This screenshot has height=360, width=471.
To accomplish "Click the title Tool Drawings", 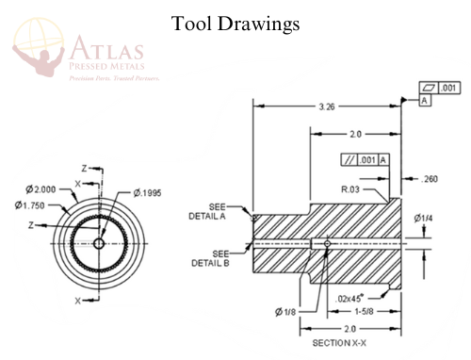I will (235, 23).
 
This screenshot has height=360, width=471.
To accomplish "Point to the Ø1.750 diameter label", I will (33, 205).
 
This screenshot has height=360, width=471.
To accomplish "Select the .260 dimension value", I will (430, 178).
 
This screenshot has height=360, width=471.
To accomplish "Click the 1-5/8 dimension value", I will (365, 311).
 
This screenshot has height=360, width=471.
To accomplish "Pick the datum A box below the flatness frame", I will (425, 99).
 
